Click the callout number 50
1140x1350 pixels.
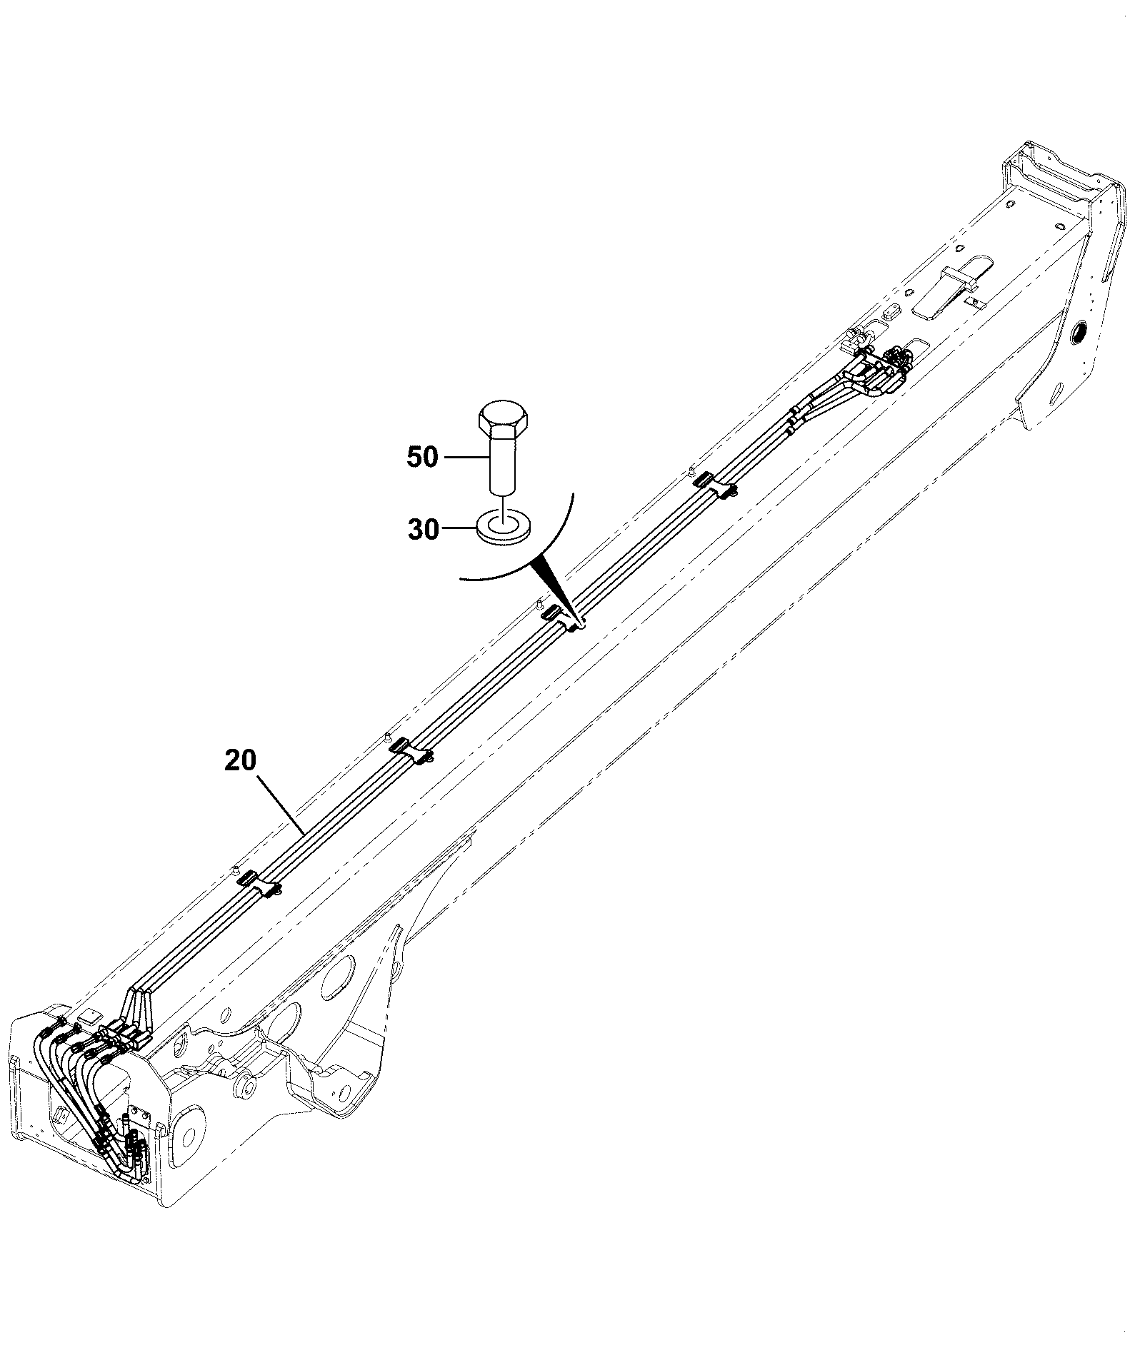click(422, 457)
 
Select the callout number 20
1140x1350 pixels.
click(240, 760)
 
